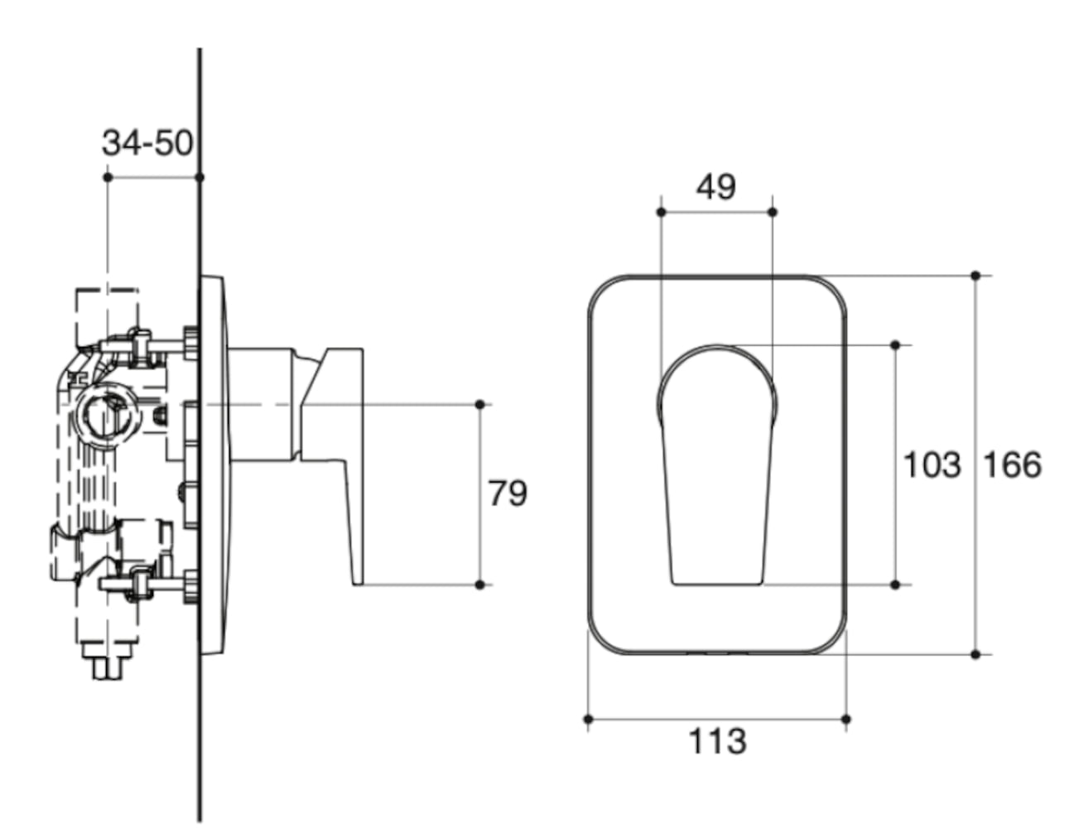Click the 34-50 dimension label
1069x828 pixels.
click(147, 142)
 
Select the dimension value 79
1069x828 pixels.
click(507, 493)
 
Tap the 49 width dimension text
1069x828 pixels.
click(715, 186)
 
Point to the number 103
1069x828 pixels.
click(932, 465)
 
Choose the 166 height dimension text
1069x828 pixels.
click(1011, 465)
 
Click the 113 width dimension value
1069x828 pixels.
click(717, 741)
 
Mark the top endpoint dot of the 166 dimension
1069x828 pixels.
click(975, 275)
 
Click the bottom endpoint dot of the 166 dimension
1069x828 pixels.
click(975, 654)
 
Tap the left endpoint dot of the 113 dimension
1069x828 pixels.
click(588, 719)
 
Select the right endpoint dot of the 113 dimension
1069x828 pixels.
click(845, 719)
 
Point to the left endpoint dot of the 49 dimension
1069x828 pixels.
click(661, 212)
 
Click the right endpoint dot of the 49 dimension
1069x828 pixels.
click(773, 212)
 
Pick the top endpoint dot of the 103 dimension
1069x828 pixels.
click(895, 344)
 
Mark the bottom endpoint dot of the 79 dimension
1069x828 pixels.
click(480, 585)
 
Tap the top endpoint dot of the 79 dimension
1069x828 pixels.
click(480, 404)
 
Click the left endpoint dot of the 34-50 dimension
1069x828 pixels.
click(108, 177)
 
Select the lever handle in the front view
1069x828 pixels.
click(717, 464)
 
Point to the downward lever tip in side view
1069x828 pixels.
click(357, 571)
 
